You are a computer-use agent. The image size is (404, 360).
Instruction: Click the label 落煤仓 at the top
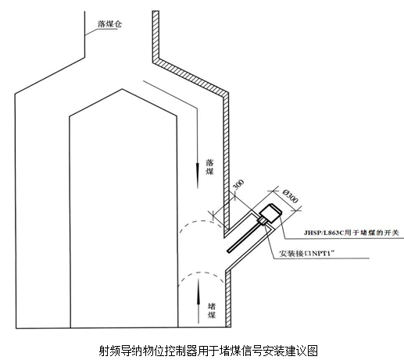click(109, 24)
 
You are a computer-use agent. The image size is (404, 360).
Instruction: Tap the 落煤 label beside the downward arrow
click(209, 167)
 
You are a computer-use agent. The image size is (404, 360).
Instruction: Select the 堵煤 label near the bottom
click(212, 310)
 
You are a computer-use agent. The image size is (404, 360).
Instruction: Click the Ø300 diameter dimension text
click(290, 196)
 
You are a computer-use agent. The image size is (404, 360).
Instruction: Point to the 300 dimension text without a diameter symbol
click(238, 184)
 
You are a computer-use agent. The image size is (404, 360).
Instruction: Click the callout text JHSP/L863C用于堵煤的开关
click(351, 233)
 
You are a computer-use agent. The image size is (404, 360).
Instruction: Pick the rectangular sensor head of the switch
click(270, 213)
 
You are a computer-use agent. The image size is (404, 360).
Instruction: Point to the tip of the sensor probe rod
click(229, 251)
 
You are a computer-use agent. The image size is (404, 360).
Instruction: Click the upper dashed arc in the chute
click(201, 222)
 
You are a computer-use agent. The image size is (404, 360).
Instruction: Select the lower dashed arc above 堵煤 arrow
click(201, 273)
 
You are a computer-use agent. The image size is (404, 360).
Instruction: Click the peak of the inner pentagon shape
click(122, 89)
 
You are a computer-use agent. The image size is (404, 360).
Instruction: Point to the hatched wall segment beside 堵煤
click(228, 299)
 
